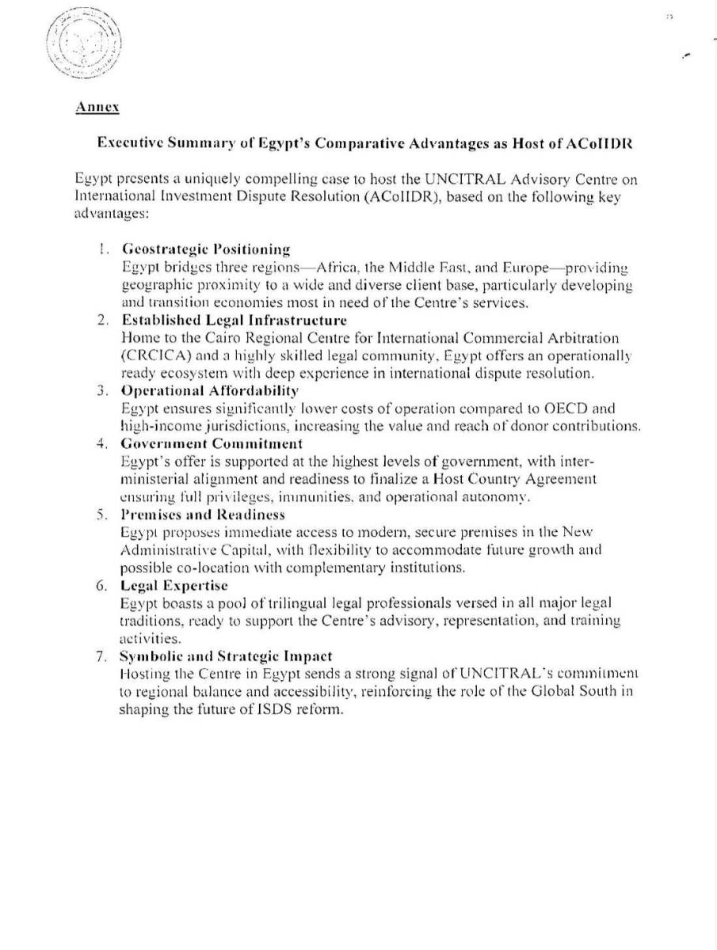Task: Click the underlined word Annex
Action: click(x=97, y=107)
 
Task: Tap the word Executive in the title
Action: click(x=128, y=143)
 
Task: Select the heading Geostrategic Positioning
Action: click(x=206, y=250)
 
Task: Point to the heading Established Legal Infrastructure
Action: click(x=234, y=321)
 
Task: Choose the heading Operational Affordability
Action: click(x=210, y=390)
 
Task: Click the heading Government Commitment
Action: click(x=212, y=443)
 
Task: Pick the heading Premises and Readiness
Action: click(x=202, y=515)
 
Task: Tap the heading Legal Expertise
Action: click(x=174, y=585)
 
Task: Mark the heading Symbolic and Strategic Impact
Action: click(x=226, y=656)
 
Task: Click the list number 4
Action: click(x=102, y=443)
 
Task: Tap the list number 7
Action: click(x=102, y=656)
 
